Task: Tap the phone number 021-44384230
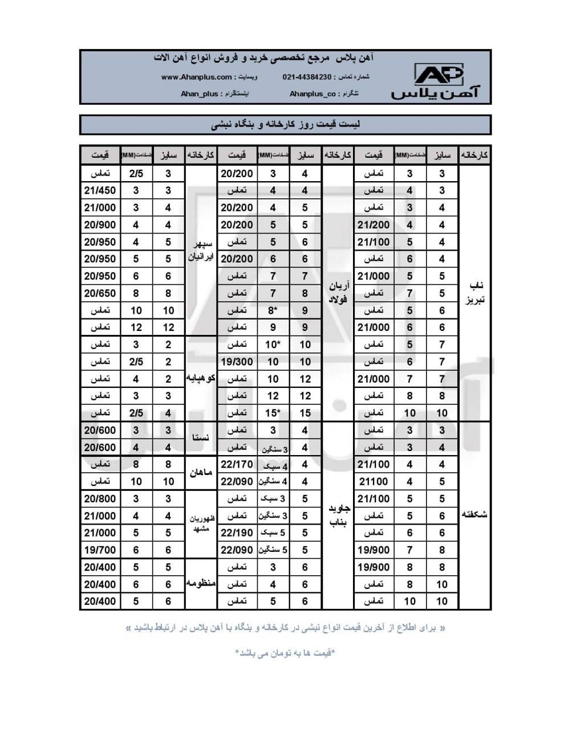pyautogui.click(x=306, y=77)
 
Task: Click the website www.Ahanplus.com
pyautogui.click(x=196, y=77)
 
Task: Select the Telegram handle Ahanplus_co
pyautogui.click(x=313, y=93)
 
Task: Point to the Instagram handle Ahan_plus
pyautogui.click(x=199, y=93)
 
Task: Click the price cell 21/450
pyautogui.click(x=100, y=191)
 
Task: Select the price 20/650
pyautogui.click(x=100, y=293)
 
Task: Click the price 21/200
pyautogui.click(x=374, y=225)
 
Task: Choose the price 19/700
pyautogui.click(x=100, y=550)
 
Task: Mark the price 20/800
pyautogui.click(x=100, y=499)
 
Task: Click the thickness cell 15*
pyautogui.click(x=273, y=413)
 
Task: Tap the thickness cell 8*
pyautogui.click(x=273, y=310)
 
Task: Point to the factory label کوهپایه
pyautogui.click(x=201, y=378)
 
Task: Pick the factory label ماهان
pyautogui.click(x=201, y=473)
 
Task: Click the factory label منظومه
pyautogui.click(x=201, y=584)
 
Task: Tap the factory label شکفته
pyautogui.click(x=475, y=515)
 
